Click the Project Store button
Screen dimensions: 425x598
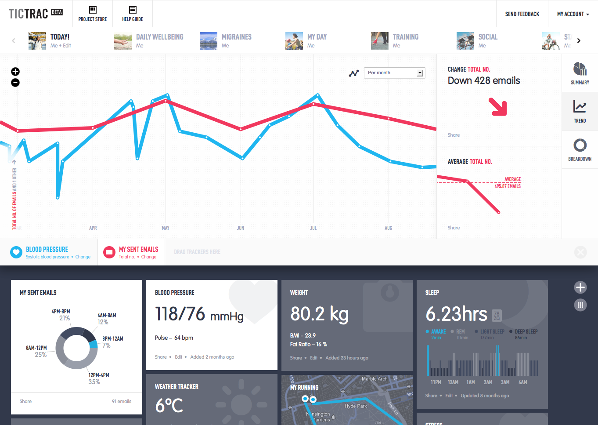tap(93, 14)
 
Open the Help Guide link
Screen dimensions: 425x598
tap(133, 14)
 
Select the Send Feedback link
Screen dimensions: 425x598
tap(522, 14)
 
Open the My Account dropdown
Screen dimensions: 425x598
tap(573, 14)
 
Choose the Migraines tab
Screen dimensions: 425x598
tap(236, 37)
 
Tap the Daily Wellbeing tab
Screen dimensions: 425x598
tap(159, 37)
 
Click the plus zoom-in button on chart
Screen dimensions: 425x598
tap(15, 72)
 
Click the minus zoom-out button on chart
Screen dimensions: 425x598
tap(15, 83)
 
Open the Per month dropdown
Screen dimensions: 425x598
tap(394, 73)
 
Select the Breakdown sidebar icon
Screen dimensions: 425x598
tap(580, 149)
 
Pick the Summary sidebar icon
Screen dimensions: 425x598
tap(580, 73)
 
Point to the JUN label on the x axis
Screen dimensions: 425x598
tap(241, 228)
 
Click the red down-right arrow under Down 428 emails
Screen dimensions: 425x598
tap(499, 107)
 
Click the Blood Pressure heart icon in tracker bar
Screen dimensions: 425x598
tap(16, 252)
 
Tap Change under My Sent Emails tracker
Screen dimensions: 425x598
tap(149, 257)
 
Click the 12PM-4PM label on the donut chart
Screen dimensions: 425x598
tap(99, 375)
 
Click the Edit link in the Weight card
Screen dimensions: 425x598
tap(313, 358)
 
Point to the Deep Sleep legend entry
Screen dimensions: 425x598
tap(526, 332)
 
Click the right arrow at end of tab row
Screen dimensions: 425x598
tap(579, 41)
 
